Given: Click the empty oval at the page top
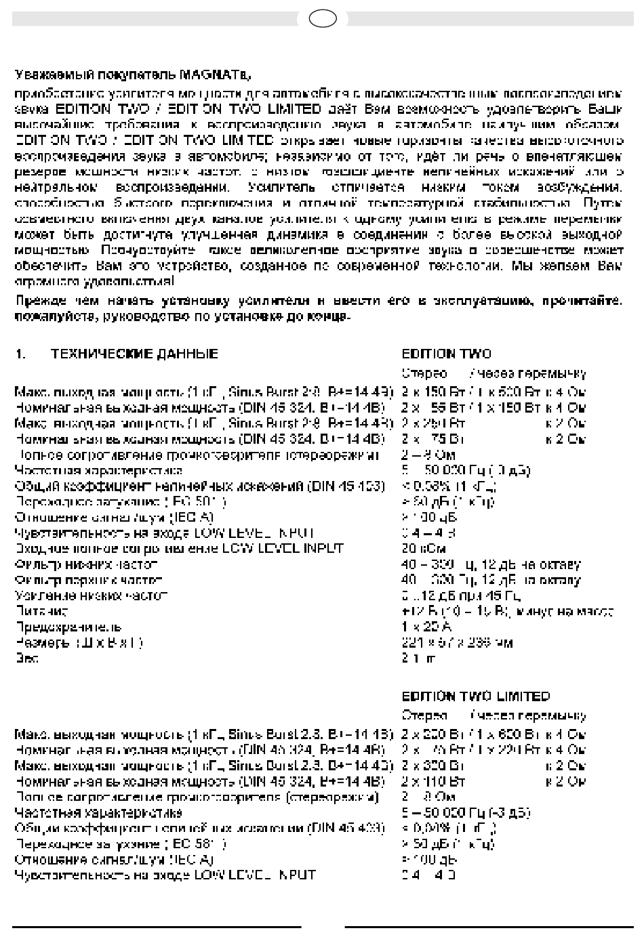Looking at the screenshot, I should [x=323, y=18].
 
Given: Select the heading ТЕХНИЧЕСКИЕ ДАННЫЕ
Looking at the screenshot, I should [x=135, y=354].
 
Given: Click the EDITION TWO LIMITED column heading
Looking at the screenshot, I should [x=475, y=697].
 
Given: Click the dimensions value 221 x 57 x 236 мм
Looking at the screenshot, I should [x=457, y=642].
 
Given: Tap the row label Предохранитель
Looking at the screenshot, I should [x=68, y=627].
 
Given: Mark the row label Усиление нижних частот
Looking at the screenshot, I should [x=91, y=596].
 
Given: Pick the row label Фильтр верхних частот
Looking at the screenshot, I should [x=89, y=580].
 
